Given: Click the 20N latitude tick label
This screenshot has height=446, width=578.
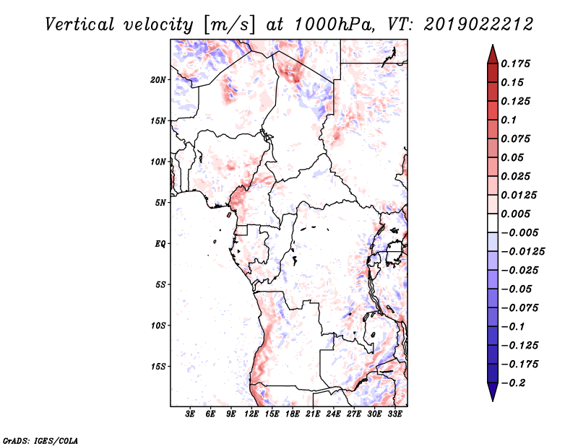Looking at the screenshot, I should point(159,79).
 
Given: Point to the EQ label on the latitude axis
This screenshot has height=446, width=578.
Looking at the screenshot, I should point(161,244).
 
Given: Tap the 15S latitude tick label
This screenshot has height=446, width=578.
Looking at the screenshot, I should point(159,367).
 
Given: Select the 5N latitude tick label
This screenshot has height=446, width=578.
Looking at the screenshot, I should point(161,203).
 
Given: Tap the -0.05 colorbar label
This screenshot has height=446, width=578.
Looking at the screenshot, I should point(518,289).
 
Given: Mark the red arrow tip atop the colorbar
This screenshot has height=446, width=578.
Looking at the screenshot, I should point(491,50).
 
